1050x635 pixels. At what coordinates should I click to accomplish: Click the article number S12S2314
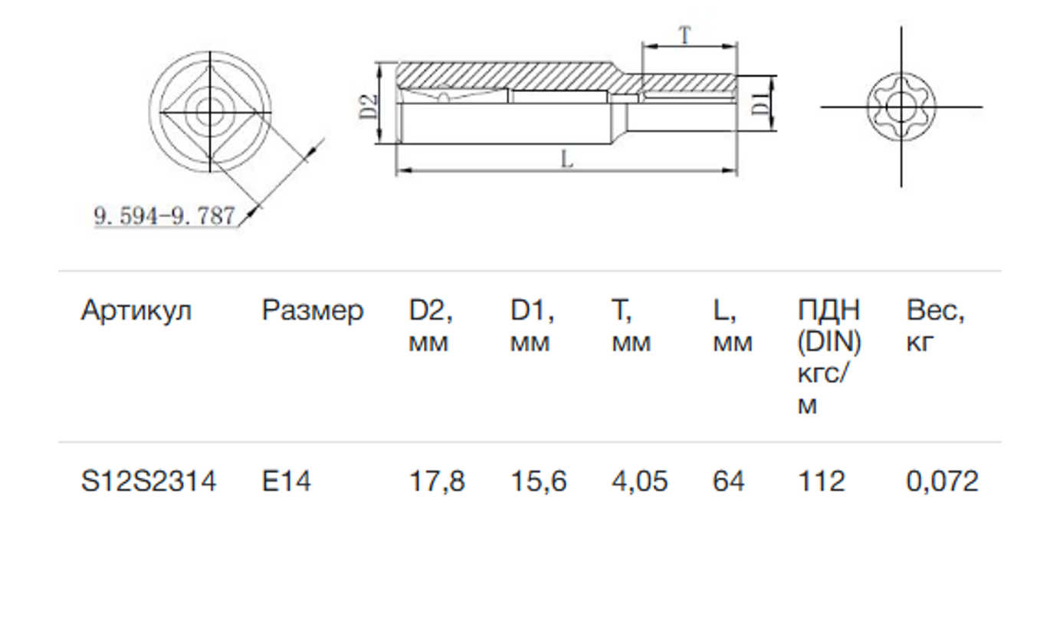[149, 482]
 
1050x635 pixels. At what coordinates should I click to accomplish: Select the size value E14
[286, 482]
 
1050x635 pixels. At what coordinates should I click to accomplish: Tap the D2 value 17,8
[436, 482]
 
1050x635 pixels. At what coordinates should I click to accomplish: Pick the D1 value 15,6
[538, 482]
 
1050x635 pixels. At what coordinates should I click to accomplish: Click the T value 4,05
[639, 482]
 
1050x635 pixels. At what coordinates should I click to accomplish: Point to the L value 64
[728, 482]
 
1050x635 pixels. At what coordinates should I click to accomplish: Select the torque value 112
[822, 482]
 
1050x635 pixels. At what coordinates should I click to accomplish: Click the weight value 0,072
[942, 482]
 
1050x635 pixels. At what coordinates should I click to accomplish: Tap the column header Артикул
[136, 311]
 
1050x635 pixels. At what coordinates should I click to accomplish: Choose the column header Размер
[313, 311]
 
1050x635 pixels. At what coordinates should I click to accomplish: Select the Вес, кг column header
[935, 326]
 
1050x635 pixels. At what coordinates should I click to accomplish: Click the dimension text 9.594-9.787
[164, 216]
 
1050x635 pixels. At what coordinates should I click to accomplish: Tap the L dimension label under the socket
[566, 160]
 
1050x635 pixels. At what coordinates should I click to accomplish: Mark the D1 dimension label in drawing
[757, 103]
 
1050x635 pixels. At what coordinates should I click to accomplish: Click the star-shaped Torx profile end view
[900, 107]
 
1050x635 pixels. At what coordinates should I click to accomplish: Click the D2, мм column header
[431, 326]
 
